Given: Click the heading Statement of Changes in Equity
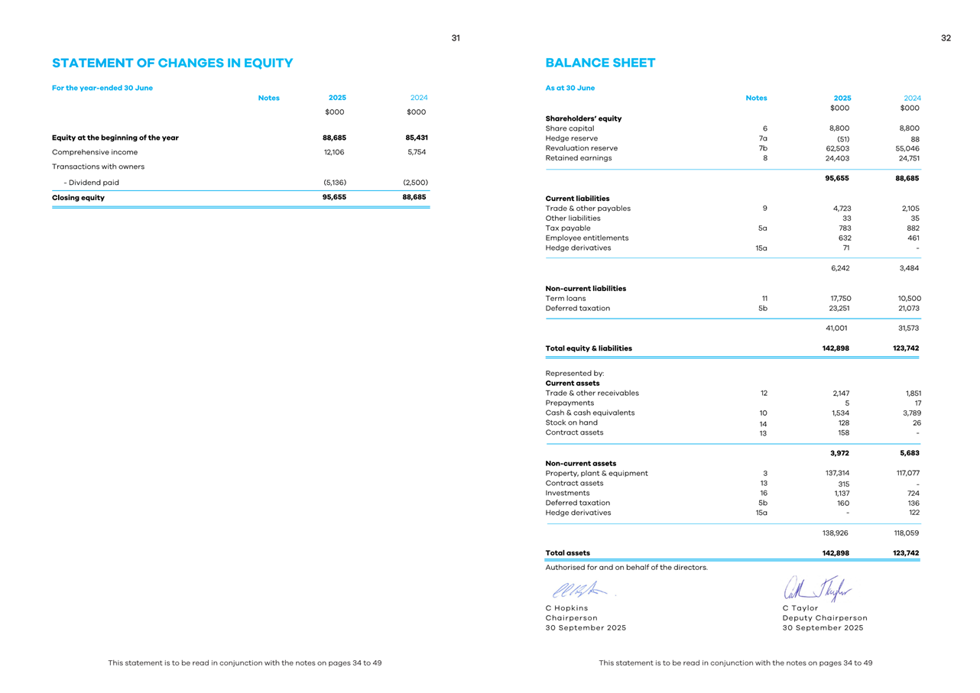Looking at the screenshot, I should pyautogui.click(x=172, y=63).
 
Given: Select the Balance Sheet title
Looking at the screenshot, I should pyautogui.click(x=600, y=63).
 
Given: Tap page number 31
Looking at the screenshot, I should pyautogui.click(x=456, y=38).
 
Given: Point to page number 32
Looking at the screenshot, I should pyautogui.click(x=946, y=38).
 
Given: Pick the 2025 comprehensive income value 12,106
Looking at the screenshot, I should pyautogui.click(x=333, y=152).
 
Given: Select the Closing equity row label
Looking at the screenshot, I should pyautogui.click(x=78, y=197).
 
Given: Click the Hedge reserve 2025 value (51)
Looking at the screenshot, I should pyautogui.click(x=843, y=139).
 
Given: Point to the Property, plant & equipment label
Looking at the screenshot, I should pyautogui.click(x=596, y=473).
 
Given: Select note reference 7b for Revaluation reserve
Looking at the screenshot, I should pyautogui.click(x=762, y=148).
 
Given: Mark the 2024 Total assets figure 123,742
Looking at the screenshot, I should pyautogui.click(x=903, y=553).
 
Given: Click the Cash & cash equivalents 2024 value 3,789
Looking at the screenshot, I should pyautogui.click(x=908, y=413).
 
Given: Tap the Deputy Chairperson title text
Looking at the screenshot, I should pyautogui.click(x=825, y=617).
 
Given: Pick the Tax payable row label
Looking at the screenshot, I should pyautogui.click(x=567, y=228).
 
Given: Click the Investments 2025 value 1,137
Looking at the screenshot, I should pyautogui.click(x=840, y=494).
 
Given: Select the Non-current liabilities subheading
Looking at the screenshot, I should pyautogui.click(x=586, y=289).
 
